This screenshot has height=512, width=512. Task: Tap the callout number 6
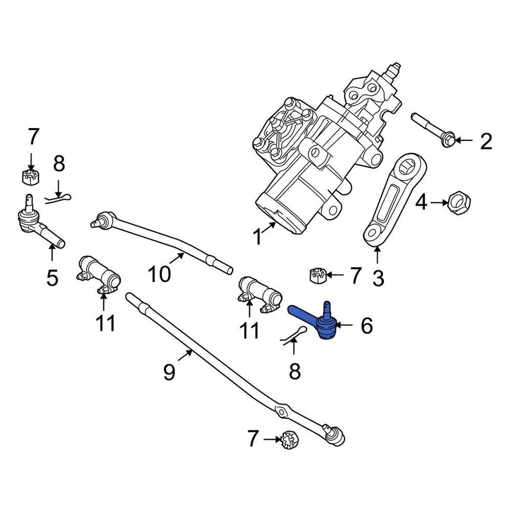click(x=366, y=325)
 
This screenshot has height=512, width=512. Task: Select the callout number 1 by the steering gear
click(x=258, y=236)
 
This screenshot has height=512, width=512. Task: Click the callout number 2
click(x=485, y=141)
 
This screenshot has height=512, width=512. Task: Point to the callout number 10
click(x=158, y=275)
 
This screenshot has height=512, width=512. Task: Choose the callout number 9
click(x=169, y=372)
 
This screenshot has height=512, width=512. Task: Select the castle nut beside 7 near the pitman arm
click(x=317, y=275)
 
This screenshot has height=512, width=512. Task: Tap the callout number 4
click(x=421, y=203)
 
